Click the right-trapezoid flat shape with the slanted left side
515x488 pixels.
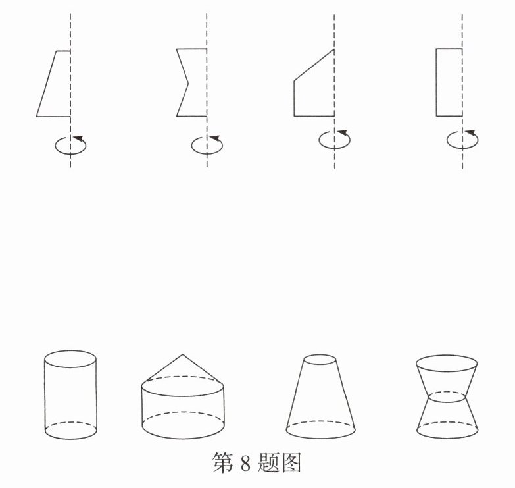(54, 84)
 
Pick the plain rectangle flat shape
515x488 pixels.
(449, 82)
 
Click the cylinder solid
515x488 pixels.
(70, 394)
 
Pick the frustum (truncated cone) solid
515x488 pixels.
(320, 396)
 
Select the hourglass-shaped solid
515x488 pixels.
(447, 396)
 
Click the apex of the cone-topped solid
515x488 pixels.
(183, 354)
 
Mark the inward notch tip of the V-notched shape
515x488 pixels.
(188, 84)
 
